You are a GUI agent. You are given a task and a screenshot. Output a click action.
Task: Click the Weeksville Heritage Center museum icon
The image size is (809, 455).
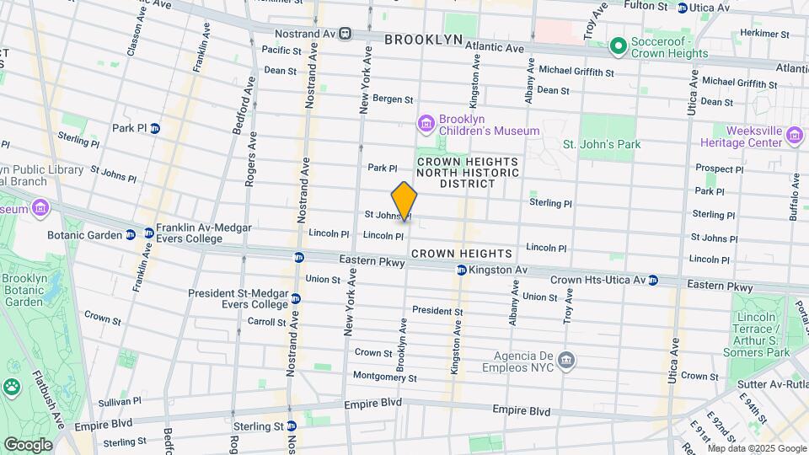(x=794, y=136)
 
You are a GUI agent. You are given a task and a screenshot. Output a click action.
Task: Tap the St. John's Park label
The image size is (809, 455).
(x=602, y=144)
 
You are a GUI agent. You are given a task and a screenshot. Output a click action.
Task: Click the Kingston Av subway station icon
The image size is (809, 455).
(x=462, y=270)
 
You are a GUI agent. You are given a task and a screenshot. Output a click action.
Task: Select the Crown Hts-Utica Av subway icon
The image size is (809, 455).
(x=651, y=280)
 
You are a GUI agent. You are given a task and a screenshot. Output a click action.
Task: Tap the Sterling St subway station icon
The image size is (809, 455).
(x=291, y=426)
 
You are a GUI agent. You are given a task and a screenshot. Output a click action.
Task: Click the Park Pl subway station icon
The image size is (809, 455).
(x=155, y=128)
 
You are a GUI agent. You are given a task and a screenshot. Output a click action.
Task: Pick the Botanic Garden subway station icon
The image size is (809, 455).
(x=131, y=235)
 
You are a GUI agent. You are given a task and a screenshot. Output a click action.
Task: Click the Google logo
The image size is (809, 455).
(x=27, y=444)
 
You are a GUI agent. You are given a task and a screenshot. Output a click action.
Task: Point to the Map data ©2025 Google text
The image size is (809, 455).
(x=757, y=448)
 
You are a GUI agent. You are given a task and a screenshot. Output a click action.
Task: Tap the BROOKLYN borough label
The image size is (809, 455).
(x=424, y=40)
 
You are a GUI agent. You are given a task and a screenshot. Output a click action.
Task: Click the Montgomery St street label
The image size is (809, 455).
(x=384, y=377)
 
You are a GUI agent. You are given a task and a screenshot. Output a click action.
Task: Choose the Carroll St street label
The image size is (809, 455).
(x=267, y=322)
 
